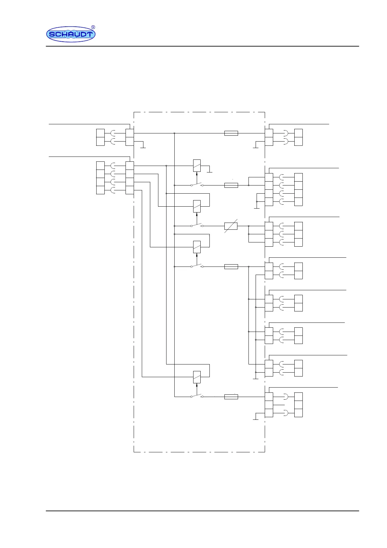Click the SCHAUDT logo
point(71,34)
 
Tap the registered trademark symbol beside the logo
point(93,27)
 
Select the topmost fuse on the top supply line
point(231,133)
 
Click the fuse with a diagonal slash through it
point(231,226)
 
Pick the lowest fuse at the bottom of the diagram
point(231,397)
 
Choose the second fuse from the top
point(231,185)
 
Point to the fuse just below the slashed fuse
point(231,267)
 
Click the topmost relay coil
point(197,166)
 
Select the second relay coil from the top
point(197,206)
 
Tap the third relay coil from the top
point(197,247)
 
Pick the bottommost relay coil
point(197,377)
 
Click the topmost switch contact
point(197,185)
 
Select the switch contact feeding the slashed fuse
point(197,225)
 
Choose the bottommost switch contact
point(197,396)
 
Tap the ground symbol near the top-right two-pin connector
point(256,147)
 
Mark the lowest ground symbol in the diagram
point(256,419)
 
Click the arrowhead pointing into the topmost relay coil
point(197,174)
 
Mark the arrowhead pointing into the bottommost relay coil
point(197,385)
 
